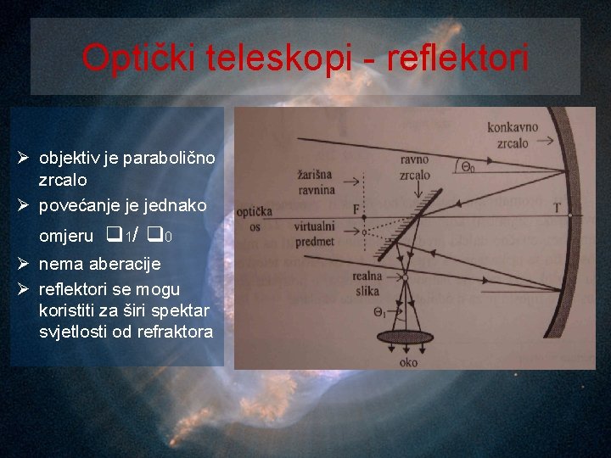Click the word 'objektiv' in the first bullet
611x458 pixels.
[x=70, y=159]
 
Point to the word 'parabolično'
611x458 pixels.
[x=169, y=159]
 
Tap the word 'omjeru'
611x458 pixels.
[x=66, y=237]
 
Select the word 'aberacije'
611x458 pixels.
[x=125, y=265]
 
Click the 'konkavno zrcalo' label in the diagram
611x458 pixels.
[x=513, y=134]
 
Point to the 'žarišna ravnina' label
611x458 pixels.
[x=316, y=182]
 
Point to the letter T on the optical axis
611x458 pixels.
[x=556, y=207]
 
